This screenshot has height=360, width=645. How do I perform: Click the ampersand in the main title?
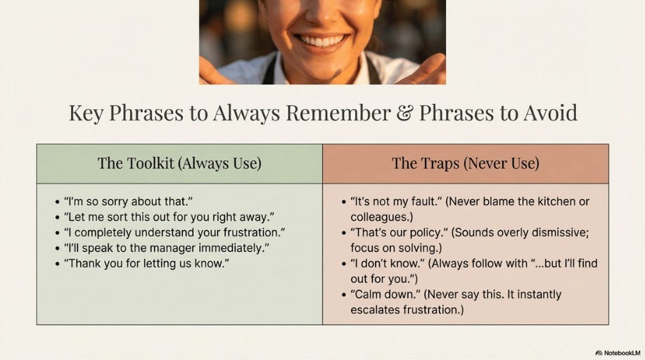404,112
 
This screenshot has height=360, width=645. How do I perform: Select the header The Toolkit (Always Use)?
179,163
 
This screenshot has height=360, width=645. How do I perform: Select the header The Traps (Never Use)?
465,163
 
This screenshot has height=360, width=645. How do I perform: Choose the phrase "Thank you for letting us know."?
146,263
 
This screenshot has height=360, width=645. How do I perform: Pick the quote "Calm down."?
380,294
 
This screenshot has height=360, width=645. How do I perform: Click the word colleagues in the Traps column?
381,217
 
